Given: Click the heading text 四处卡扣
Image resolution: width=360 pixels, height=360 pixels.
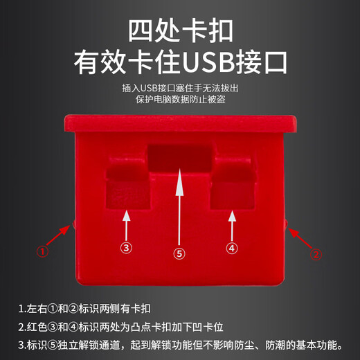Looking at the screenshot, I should [180, 31].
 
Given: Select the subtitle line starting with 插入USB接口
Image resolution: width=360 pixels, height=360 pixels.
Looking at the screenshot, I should [180, 88].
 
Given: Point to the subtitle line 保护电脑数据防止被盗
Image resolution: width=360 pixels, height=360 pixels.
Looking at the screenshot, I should [180, 100].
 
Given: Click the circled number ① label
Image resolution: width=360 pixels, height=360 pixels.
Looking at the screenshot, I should [43, 253].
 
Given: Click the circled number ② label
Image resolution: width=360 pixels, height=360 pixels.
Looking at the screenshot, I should [316, 254].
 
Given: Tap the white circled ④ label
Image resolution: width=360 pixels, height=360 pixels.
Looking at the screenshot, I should [231, 247].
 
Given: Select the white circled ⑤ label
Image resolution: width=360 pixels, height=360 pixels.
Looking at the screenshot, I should [179, 254].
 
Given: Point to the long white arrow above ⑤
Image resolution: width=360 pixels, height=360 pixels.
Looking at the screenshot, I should [179, 204].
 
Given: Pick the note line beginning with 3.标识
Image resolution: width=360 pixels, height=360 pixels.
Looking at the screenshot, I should [180, 344].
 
